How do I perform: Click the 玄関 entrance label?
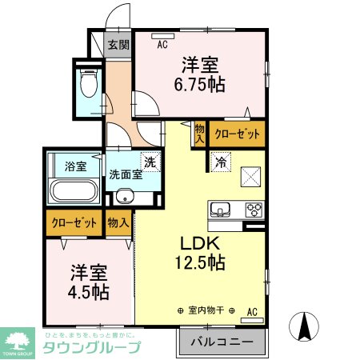(118, 45)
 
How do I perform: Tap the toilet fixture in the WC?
(88, 82)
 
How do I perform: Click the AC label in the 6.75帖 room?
(162, 45)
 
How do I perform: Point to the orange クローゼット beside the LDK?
(238, 134)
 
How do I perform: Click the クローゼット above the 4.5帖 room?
(74, 223)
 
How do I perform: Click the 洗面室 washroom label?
(126, 174)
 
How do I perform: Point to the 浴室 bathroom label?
(74, 167)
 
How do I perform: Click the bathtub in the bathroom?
(74, 192)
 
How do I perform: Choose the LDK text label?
(198, 242)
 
